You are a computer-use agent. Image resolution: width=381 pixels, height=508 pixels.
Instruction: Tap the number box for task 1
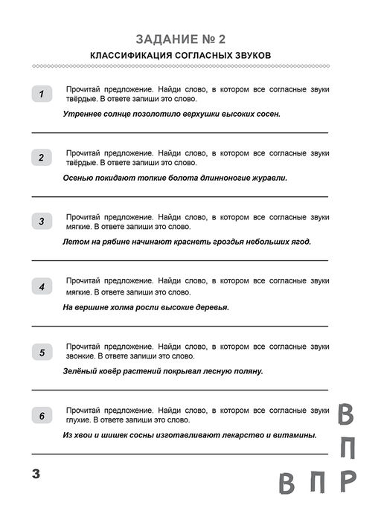point(42,94)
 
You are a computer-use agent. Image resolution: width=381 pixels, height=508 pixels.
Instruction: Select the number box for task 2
point(42,157)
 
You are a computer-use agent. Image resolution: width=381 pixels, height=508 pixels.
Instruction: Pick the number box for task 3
point(42,221)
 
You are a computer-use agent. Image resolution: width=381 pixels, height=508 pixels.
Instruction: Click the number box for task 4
point(42,286)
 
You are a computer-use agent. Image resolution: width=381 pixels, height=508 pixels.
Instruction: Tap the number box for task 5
point(42,352)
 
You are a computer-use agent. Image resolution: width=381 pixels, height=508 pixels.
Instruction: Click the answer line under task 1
point(179,132)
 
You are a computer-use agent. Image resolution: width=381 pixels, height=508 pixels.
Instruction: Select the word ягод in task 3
point(300,242)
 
